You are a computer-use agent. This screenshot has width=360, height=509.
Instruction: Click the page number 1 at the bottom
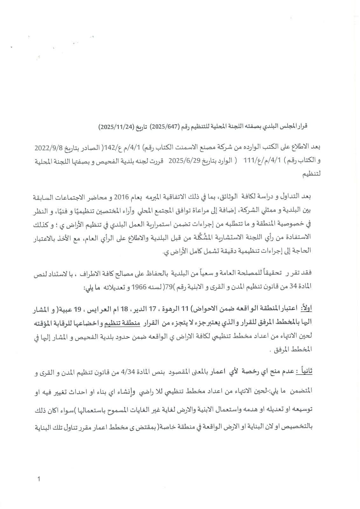[39, 479]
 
